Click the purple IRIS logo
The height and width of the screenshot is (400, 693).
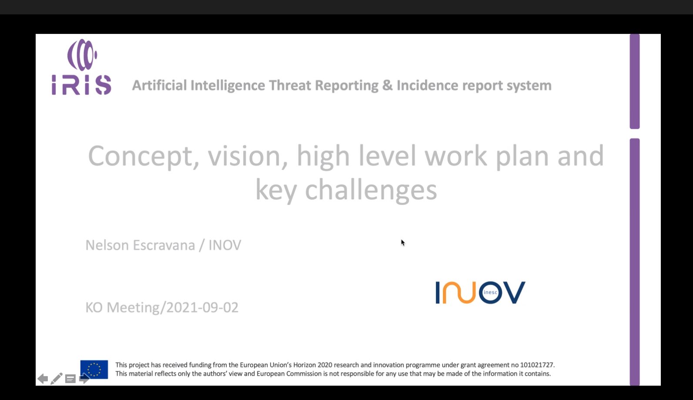click(x=81, y=67)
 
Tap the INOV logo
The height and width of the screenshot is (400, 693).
click(x=480, y=292)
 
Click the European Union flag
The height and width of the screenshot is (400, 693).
click(x=94, y=370)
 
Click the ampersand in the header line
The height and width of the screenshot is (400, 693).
click(x=387, y=85)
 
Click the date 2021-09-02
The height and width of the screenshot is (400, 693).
click(x=202, y=307)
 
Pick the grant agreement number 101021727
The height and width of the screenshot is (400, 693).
click(x=537, y=365)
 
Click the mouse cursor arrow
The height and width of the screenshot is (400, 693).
click(x=403, y=243)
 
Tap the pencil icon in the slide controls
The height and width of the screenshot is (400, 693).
click(x=56, y=379)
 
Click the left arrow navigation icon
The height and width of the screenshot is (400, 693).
click(x=43, y=379)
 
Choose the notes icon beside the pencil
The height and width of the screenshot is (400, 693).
click(x=70, y=379)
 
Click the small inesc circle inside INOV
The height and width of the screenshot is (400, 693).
click(x=490, y=292)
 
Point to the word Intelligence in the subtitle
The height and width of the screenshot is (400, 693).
click(x=228, y=86)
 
